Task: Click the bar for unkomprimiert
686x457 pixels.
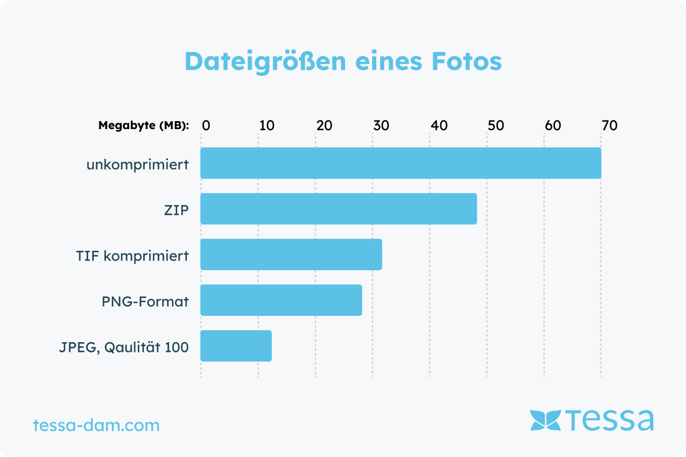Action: (400, 163)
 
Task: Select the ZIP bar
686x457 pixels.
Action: (338, 209)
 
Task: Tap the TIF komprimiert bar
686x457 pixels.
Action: (291, 254)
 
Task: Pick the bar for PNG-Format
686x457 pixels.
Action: (281, 300)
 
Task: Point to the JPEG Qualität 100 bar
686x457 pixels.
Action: (236, 346)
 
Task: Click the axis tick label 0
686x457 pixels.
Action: (206, 126)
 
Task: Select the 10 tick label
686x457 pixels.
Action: (266, 126)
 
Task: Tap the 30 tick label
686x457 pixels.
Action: (381, 126)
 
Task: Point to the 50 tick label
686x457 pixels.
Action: (496, 126)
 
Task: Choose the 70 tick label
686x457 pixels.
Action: (609, 126)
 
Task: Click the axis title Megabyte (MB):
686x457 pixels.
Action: (143, 126)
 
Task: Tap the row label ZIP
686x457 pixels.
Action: (176, 210)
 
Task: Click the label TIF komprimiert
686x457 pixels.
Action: (132, 256)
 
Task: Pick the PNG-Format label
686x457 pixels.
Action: (145, 302)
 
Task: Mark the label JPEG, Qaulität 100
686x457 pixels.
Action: (123, 347)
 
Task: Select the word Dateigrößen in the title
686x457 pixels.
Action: (265, 61)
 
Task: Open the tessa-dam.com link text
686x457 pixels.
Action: (96, 426)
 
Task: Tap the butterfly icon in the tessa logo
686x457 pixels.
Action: (545, 420)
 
